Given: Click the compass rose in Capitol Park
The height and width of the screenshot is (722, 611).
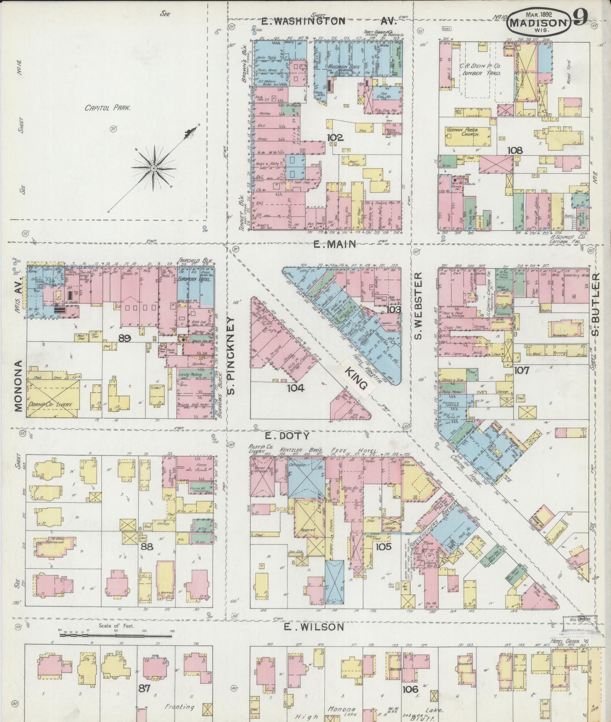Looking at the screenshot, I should point(154,168).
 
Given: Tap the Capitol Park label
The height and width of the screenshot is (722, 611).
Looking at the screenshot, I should point(108,108).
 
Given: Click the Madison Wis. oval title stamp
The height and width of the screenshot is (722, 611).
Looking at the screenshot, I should point(538,22).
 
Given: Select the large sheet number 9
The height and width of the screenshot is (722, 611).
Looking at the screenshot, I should point(580,18).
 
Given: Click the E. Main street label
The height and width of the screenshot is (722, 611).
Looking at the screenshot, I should point(334,244).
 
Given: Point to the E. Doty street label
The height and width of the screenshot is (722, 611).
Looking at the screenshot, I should point(287,435).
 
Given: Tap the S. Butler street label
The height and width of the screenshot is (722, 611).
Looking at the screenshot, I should point(596,304).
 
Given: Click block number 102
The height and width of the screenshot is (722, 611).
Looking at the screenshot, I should point(334,137).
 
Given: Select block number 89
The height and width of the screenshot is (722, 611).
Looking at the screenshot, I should point(125,338).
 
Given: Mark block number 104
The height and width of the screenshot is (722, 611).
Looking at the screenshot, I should point(295,387).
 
